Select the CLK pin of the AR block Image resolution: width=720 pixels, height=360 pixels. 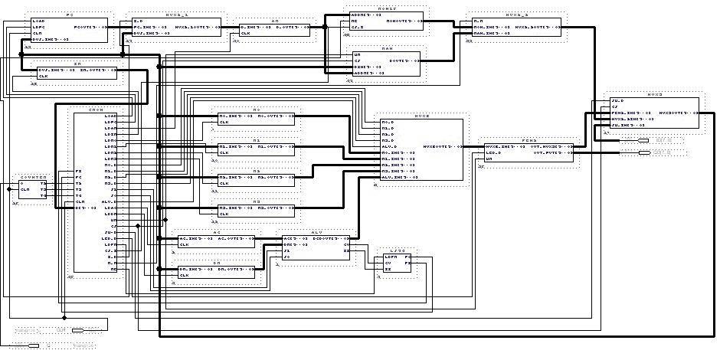tap(246, 33)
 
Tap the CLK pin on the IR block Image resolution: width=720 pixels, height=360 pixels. tap(43, 77)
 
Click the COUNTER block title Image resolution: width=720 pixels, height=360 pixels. tap(33, 177)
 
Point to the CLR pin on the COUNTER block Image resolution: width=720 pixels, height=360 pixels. tap(25, 189)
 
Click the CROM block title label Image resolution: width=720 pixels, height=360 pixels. tap(96, 110)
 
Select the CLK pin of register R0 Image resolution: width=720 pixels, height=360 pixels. tap(224, 123)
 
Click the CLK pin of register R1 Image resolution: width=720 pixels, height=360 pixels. tap(224, 152)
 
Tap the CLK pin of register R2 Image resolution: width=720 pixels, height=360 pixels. tap(224, 183)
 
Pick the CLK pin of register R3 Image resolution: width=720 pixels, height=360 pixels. tap(224, 213)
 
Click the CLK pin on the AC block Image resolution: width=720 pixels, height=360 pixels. tap(184, 244)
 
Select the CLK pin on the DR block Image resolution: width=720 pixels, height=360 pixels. tap(184, 275)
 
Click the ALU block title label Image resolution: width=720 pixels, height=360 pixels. tap(316, 231)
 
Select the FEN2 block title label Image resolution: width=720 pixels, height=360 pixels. tap(529, 140)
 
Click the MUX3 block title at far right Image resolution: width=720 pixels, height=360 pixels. tap(654, 95)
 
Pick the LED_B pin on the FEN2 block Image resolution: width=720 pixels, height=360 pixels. tap(493, 152)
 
